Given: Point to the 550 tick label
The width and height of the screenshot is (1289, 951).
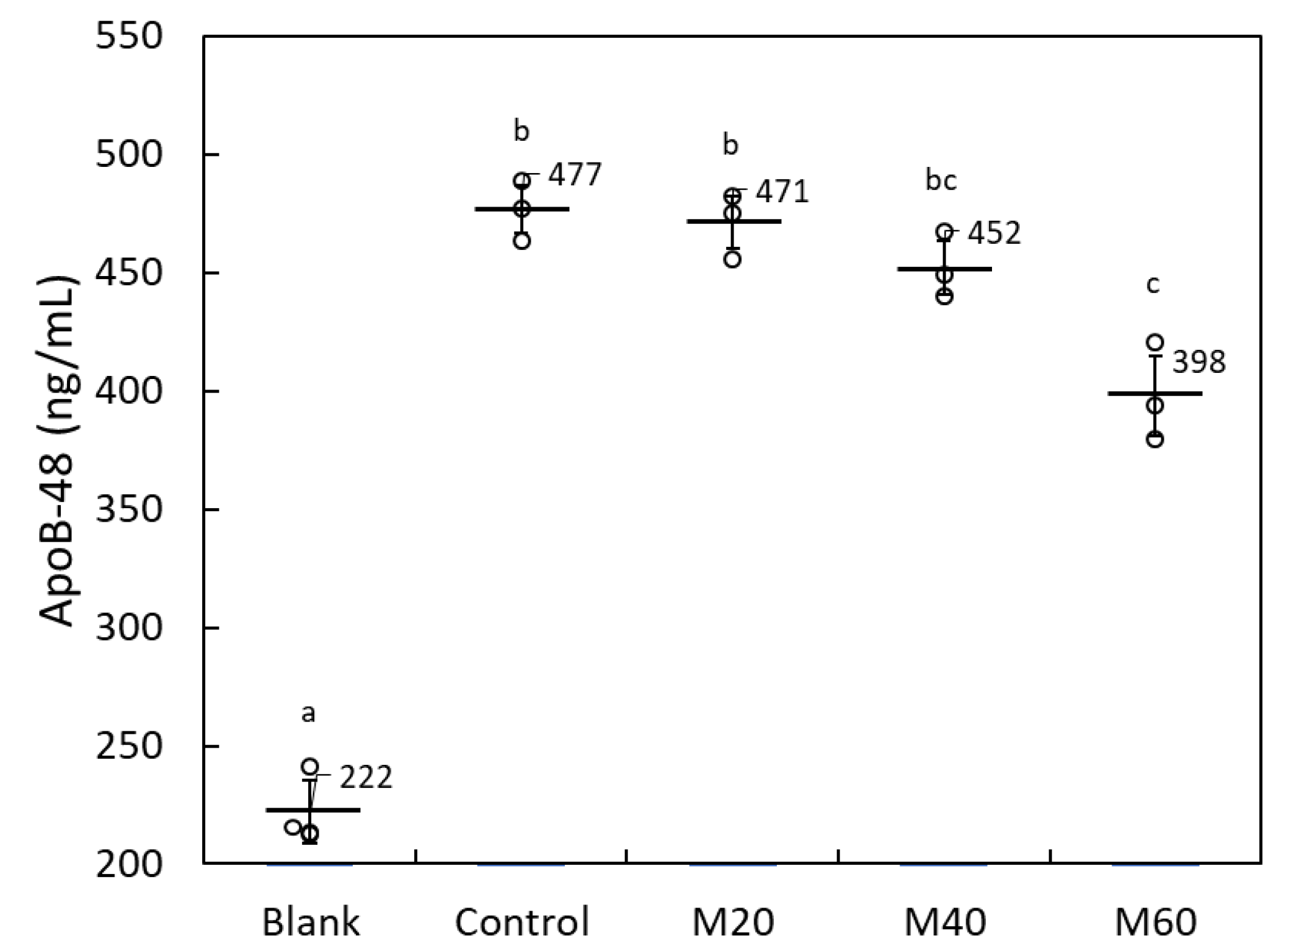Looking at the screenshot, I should click(128, 36).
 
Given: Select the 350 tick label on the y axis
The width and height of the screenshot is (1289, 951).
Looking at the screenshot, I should click(128, 509).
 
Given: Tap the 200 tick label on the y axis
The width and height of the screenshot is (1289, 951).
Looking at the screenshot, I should click(128, 864).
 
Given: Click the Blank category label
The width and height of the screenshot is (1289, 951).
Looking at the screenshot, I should click(311, 922).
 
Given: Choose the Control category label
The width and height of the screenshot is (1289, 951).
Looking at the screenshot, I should click(522, 922).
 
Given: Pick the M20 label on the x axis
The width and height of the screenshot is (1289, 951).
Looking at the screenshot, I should click(733, 922).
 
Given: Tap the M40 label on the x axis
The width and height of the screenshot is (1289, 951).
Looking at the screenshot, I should click(944, 922).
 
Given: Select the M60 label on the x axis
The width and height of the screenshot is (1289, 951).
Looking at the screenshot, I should click(1155, 922).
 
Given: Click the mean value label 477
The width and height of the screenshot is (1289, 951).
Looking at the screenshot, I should click(575, 174).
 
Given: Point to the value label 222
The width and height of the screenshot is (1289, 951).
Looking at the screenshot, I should click(366, 778).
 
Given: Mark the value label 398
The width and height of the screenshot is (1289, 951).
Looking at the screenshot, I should click(1198, 362).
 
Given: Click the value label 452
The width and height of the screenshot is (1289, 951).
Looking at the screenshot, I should click(994, 233).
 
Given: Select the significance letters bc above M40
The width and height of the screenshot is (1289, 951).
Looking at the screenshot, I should click(941, 181).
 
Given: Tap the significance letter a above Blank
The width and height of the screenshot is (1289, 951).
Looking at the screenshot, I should click(308, 713).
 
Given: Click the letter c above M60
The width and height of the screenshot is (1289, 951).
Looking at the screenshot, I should click(1153, 284).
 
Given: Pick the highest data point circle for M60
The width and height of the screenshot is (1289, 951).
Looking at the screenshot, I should click(1154, 342).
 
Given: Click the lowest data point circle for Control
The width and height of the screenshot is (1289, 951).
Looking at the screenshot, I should click(522, 241).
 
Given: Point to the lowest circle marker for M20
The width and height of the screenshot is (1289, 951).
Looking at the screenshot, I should click(733, 259).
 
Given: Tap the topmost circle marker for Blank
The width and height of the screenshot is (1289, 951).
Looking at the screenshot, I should click(309, 767).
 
